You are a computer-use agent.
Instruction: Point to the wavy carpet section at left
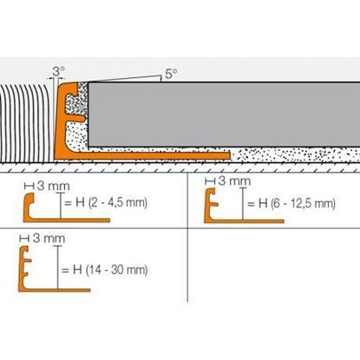26,121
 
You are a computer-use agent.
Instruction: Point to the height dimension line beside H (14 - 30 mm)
58,269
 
